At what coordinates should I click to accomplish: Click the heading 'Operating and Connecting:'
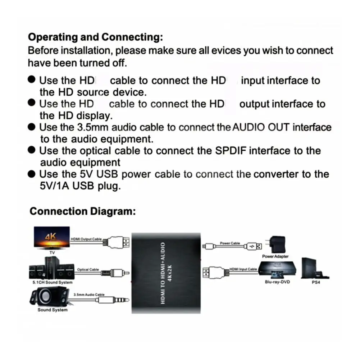pos(95,37)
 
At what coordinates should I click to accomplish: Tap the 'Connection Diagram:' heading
pos(82,211)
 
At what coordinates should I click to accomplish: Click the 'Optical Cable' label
pos(88,269)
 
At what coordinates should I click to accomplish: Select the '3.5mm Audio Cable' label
pos(88,295)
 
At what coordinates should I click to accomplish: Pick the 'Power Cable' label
pos(230,243)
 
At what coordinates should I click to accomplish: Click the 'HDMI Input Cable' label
pos(243,269)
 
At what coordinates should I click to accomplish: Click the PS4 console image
pos(315,268)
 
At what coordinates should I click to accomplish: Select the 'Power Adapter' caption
pos(275,256)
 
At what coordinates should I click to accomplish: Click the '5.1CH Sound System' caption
pos(52,283)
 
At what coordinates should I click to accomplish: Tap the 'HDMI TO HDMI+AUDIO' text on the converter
pos(163,273)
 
